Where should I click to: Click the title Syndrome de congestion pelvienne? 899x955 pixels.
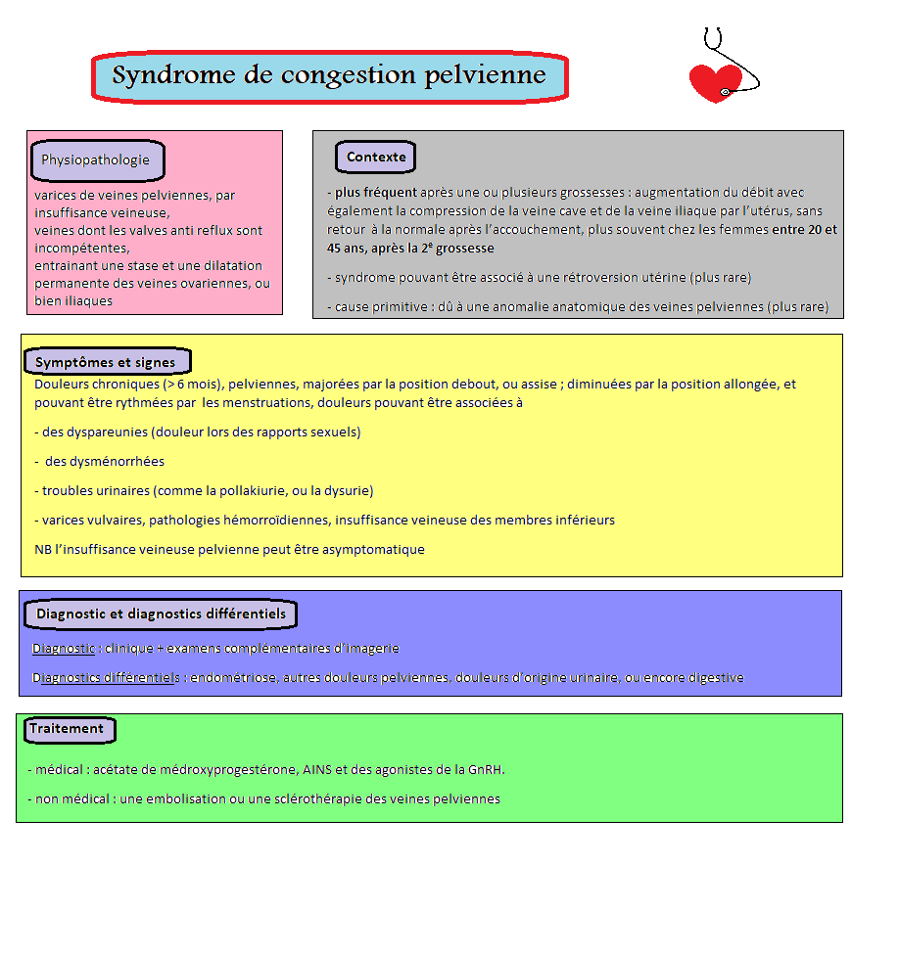[329, 75]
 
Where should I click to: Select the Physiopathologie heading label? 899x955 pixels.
[96, 160]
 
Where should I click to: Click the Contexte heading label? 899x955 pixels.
[376, 158]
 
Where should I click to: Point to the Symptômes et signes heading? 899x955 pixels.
[105, 363]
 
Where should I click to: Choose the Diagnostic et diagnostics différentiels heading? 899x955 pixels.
[161, 614]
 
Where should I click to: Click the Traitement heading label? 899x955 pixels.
[67, 729]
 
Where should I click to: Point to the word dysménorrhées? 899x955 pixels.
[105, 462]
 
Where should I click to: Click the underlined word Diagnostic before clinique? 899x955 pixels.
[64, 649]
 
